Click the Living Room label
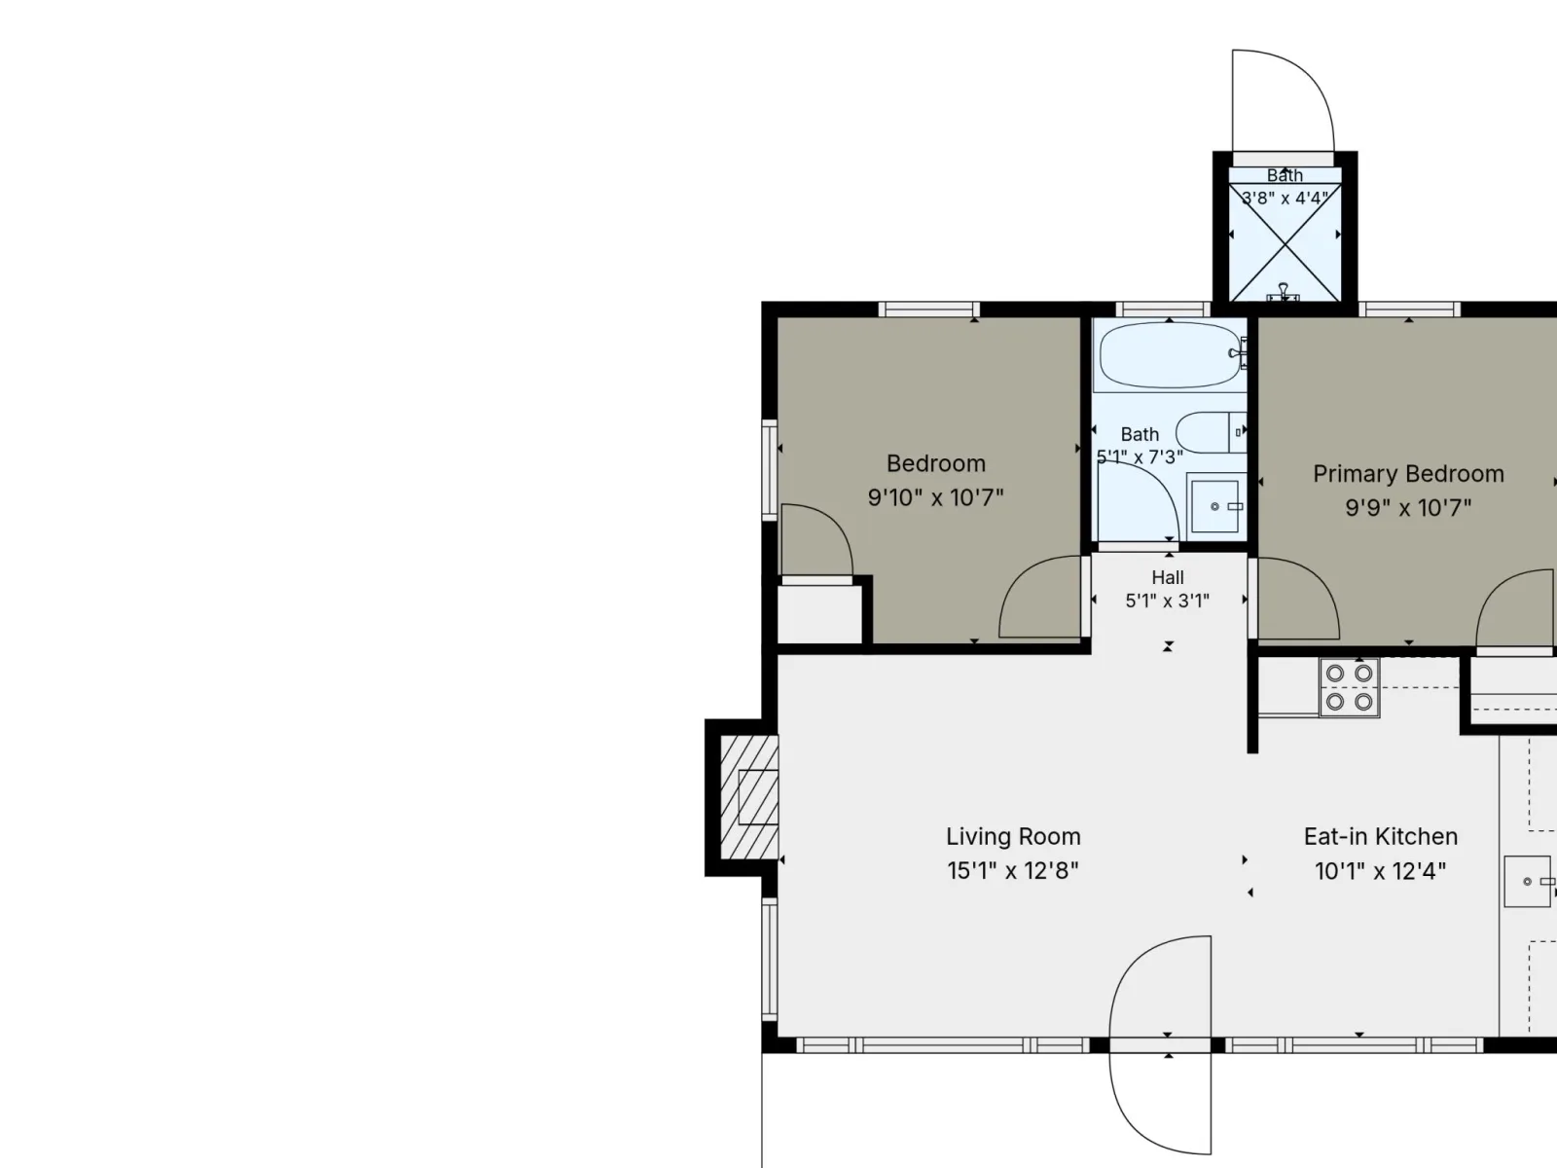1013,837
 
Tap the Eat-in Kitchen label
1380,837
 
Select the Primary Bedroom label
1408,474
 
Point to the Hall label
1168,577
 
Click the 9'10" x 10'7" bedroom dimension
935,497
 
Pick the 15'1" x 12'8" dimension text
1013,871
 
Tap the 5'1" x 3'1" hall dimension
1168,602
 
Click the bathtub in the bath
1171,354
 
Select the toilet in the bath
1211,432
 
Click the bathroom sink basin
1215,505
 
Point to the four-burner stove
1349,687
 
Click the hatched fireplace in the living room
749,798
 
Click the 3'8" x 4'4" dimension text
1285,198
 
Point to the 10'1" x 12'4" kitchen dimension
1380,871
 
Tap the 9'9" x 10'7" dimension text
1408,508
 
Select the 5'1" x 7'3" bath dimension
1140,457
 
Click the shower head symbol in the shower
1284,292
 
